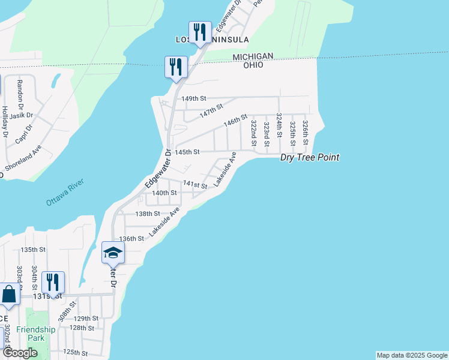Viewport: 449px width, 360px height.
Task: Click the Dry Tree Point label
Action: (310, 157)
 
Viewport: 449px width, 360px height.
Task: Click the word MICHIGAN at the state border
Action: (253, 56)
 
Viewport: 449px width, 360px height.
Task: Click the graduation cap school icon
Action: (113, 253)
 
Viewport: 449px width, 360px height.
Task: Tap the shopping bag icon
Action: (9, 295)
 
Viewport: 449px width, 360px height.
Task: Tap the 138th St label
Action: (148, 214)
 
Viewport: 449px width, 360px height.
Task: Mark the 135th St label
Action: (33, 250)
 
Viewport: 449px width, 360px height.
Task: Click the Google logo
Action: (19, 353)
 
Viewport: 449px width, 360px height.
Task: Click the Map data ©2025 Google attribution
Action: (412, 355)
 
